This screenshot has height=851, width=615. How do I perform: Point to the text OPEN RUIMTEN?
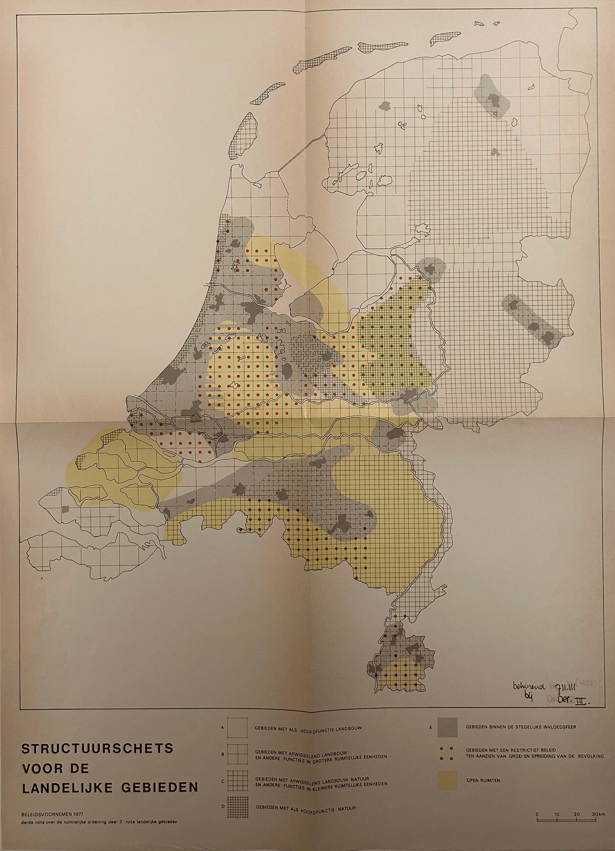[x=483, y=780]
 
